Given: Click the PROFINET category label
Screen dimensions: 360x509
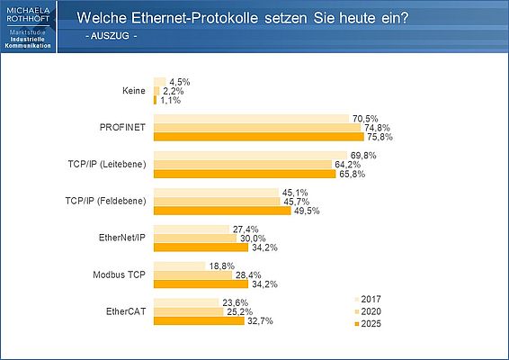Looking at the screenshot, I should pos(123,129).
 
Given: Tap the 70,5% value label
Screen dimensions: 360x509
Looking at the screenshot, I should pos(364,118).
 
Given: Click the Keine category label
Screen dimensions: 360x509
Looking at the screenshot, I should pos(135,91).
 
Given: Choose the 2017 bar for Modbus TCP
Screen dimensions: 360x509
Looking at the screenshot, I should pos(179,266).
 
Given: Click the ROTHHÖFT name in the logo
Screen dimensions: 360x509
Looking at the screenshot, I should pos(28,18).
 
